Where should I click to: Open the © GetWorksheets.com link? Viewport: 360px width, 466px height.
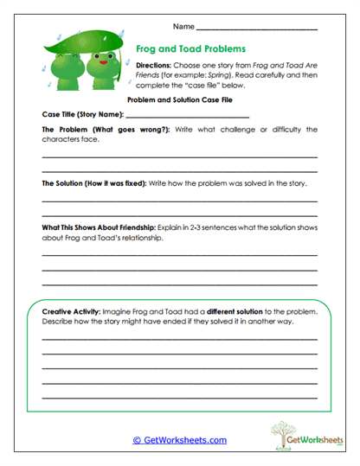179,439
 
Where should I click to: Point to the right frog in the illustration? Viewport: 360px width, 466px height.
104,68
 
